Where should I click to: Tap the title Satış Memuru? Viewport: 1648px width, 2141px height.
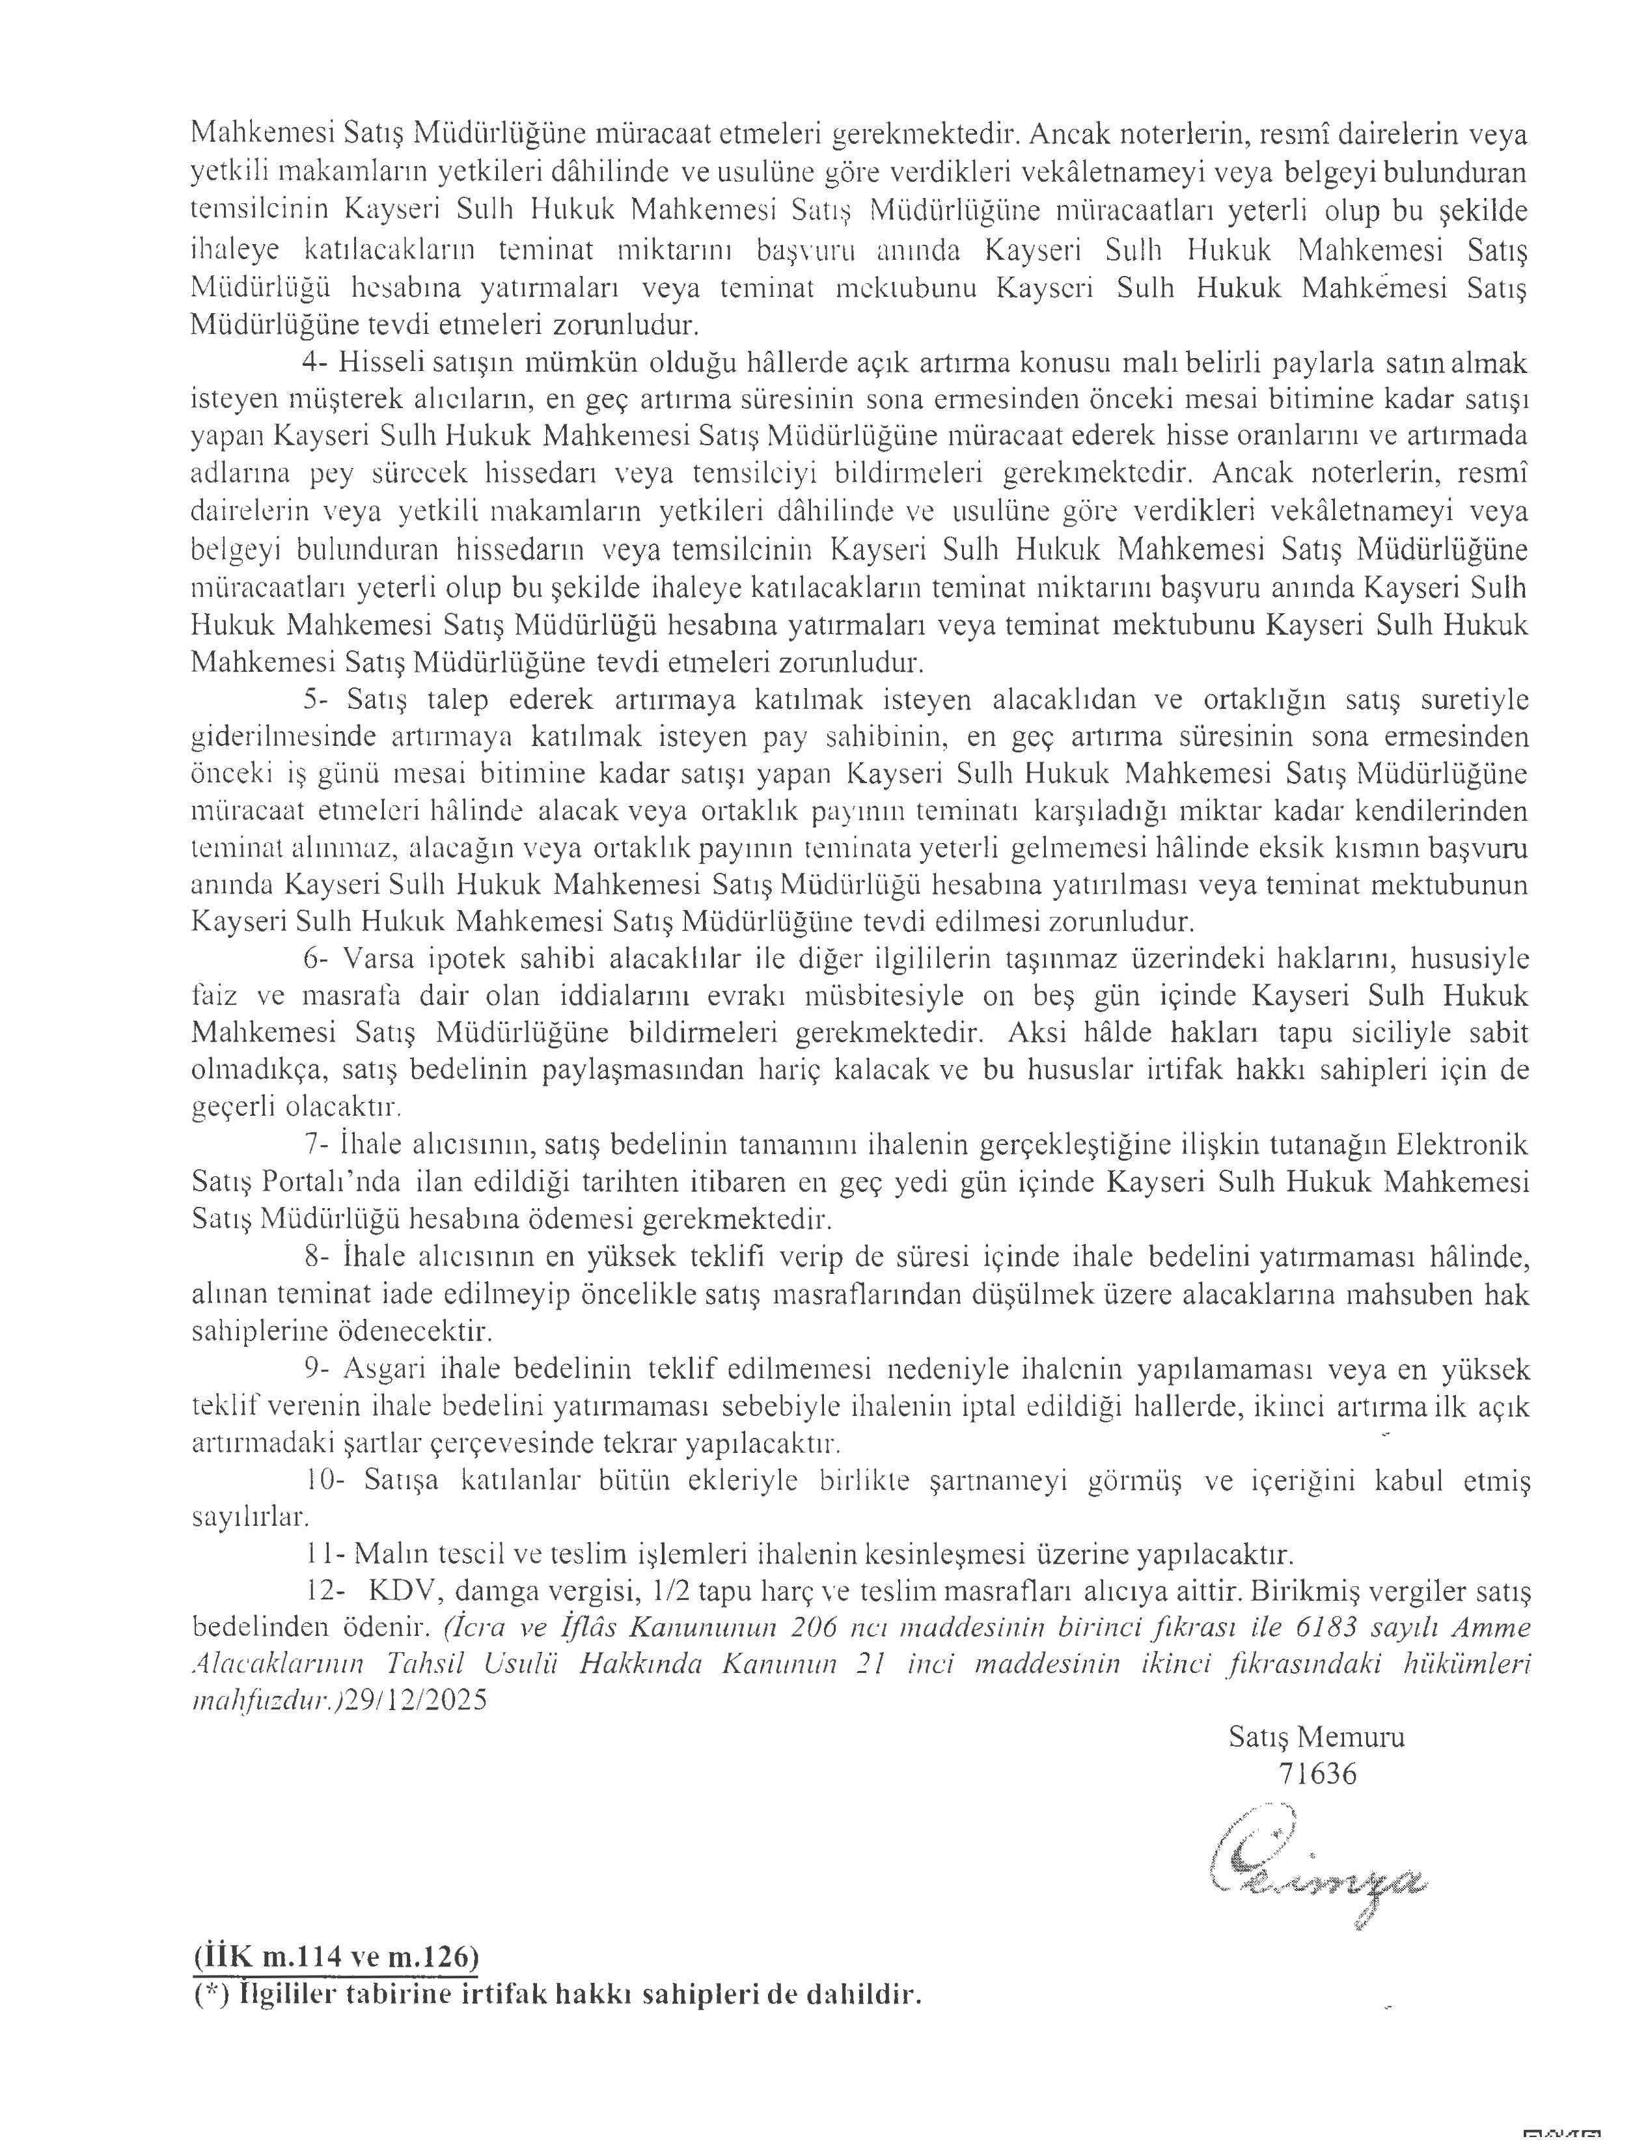pos(1315,1737)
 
